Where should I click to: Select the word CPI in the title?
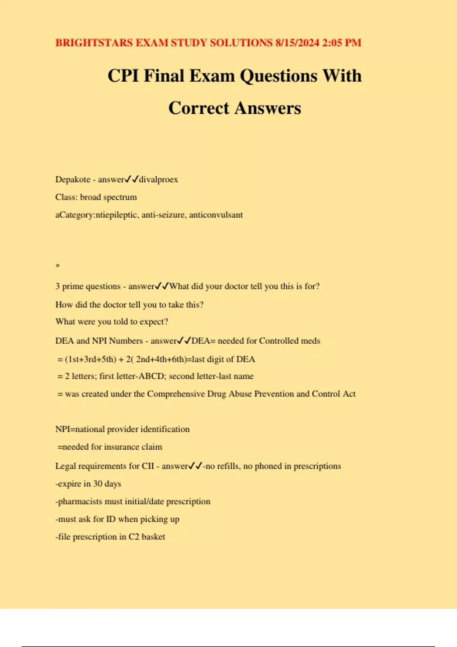123,76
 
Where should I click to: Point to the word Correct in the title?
199,108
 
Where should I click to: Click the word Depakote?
73,179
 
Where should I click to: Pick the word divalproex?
158,179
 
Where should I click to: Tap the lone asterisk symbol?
58,266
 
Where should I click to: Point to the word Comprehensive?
176,394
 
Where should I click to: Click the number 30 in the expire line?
97,484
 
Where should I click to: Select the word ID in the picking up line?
110,519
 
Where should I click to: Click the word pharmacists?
80,502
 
